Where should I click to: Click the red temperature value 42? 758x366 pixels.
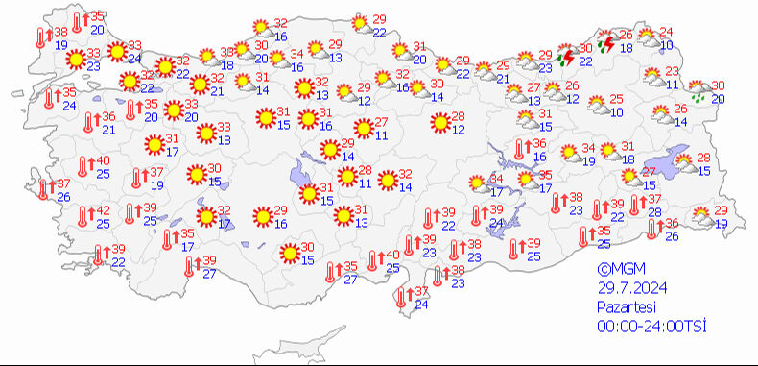tap(103, 211)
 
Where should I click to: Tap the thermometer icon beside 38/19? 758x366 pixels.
tap(41, 37)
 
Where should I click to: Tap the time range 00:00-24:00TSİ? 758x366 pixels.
tap(651, 328)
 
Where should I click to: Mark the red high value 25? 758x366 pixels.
tap(617, 99)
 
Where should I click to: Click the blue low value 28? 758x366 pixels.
tap(655, 212)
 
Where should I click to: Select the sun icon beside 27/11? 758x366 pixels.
tap(363, 128)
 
